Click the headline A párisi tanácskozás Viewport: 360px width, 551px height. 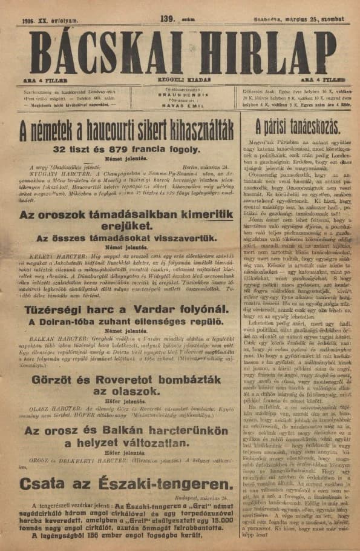tap(293, 128)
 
